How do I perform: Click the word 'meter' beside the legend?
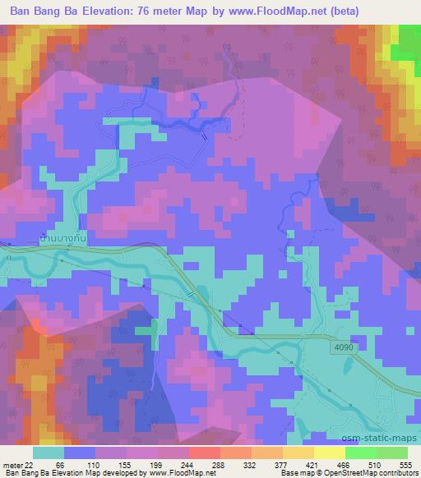[x=12, y=463]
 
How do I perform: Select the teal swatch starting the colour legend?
[x=49, y=453]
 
